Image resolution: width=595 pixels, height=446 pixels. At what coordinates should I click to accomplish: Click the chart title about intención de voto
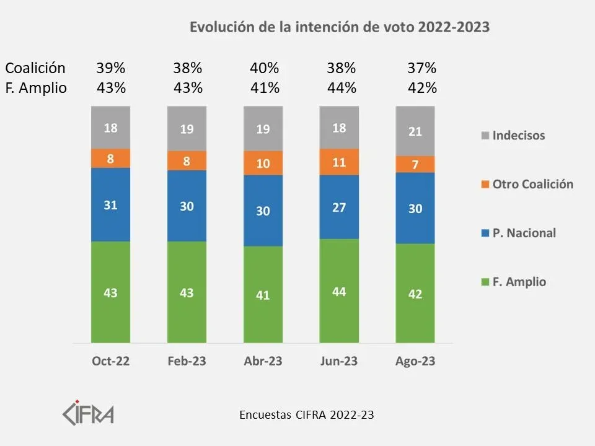[x=339, y=27]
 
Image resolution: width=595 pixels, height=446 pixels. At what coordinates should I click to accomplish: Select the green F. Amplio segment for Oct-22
[x=110, y=292]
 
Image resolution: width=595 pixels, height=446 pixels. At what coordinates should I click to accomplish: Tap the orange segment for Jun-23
[x=338, y=162]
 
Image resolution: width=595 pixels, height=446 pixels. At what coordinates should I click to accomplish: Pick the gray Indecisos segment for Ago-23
[x=415, y=131]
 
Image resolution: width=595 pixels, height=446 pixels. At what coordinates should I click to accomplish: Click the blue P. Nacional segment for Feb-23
[x=187, y=206]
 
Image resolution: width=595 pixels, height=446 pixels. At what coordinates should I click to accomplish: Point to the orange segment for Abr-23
[x=263, y=164]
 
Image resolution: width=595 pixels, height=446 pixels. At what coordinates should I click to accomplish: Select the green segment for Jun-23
[x=338, y=291]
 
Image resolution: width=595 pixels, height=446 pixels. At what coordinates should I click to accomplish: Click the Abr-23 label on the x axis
[x=263, y=362]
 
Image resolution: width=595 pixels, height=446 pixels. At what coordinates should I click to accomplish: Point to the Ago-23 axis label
[x=415, y=362]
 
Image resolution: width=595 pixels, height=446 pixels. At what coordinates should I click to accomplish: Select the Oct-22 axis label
[x=110, y=362]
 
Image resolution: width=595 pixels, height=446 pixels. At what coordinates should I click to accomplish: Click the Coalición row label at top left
[x=35, y=68]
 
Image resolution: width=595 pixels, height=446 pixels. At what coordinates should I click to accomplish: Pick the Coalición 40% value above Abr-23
[x=265, y=68]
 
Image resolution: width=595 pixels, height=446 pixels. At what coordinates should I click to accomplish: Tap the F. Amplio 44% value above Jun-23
[x=342, y=88]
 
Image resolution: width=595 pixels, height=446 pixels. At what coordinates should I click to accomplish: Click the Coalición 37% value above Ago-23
[x=422, y=68]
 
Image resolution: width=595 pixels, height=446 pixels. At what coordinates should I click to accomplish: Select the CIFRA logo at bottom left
[x=88, y=412]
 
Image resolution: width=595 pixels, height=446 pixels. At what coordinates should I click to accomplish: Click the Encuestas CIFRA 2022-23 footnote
[x=306, y=415]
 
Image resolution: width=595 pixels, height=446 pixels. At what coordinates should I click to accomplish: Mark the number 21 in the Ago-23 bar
[x=415, y=131]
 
